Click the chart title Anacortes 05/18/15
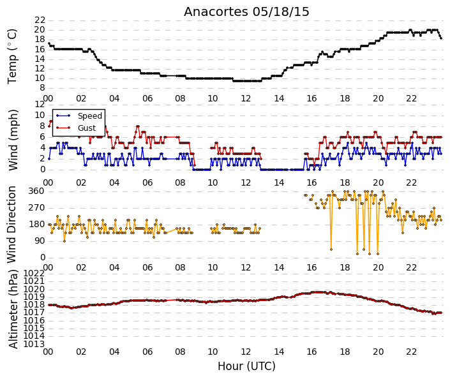click(x=246, y=12)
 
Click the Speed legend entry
click(x=90, y=116)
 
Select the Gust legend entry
click(x=87, y=128)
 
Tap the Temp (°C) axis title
click(x=12, y=57)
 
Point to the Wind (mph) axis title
click(x=13, y=140)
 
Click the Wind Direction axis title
click(x=11, y=225)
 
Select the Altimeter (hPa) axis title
click(x=13, y=309)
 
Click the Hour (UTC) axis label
click(x=246, y=366)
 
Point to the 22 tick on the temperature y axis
click(x=40, y=20)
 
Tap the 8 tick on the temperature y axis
click(x=43, y=88)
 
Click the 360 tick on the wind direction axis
click(x=37, y=191)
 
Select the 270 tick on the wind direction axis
click(x=37, y=208)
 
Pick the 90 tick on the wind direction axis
click(x=40, y=241)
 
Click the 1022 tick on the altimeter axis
click(x=34, y=273)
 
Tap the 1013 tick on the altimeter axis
click(x=34, y=344)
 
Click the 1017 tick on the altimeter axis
click(x=34, y=313)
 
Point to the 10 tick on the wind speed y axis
click(x=40, y=115)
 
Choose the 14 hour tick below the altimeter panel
click(x=279, y=352)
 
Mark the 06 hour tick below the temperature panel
click(x=147, y=98)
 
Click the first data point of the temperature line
click(x=49, y=43)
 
